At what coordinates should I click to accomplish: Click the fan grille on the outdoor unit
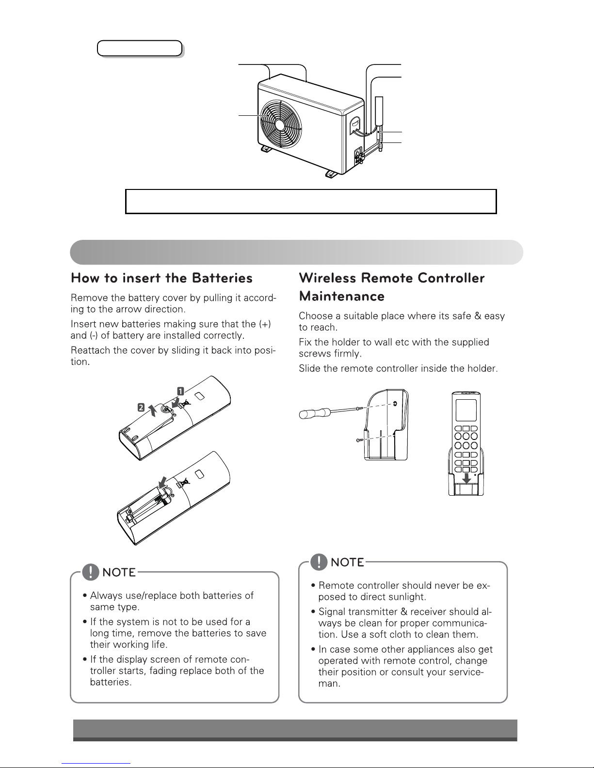(x=280, y=124)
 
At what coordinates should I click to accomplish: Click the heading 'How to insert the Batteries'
(x=161, y=278)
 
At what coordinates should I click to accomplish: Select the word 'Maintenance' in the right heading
(x=342, y=296)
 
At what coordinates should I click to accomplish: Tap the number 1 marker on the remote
(x=179, y=390)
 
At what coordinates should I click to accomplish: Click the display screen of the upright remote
(x=466, y=412)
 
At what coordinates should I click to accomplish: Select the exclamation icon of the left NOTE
(x=91, y=573)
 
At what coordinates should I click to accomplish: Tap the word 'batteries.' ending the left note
(x=111, y=682)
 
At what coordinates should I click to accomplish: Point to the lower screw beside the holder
(x=357, y=440)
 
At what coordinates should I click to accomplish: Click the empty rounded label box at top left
(x=139, y=48)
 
